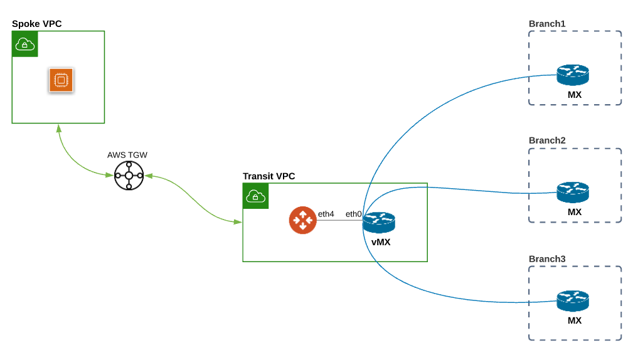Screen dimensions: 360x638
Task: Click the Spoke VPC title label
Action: tap(37, 24)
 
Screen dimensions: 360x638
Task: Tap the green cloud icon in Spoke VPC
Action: tap(24, 44)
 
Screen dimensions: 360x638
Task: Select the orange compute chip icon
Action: tap(61, 80)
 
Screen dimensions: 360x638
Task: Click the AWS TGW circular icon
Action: tap(129, 175)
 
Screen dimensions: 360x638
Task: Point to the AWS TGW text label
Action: tap(127, 155)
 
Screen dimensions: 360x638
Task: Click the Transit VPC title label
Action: tap(268, 176)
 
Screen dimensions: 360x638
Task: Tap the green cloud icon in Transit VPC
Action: tap(255, 196)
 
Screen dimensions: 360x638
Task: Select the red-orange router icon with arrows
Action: tap(302, 220)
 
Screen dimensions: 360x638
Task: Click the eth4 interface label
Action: tap(326, 214)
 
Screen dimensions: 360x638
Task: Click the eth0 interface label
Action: tap(353, 214)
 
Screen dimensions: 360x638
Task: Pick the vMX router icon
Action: tap(379, 222)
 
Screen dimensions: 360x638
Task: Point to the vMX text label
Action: tap(380, 242)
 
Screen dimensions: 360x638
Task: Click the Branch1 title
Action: tap(547, 24)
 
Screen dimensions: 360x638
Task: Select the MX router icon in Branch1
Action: tap(573, 75)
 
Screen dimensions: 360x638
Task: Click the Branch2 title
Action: tap(547, 140)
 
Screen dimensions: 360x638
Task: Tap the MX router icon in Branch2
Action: tap(573, 192)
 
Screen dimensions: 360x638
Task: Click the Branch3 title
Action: tap(547, 258)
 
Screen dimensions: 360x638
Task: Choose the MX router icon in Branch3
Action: tap(573, 300)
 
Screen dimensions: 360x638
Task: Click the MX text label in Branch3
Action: tap(574, 320)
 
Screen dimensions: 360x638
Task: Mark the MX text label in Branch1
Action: tap(574, 95)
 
